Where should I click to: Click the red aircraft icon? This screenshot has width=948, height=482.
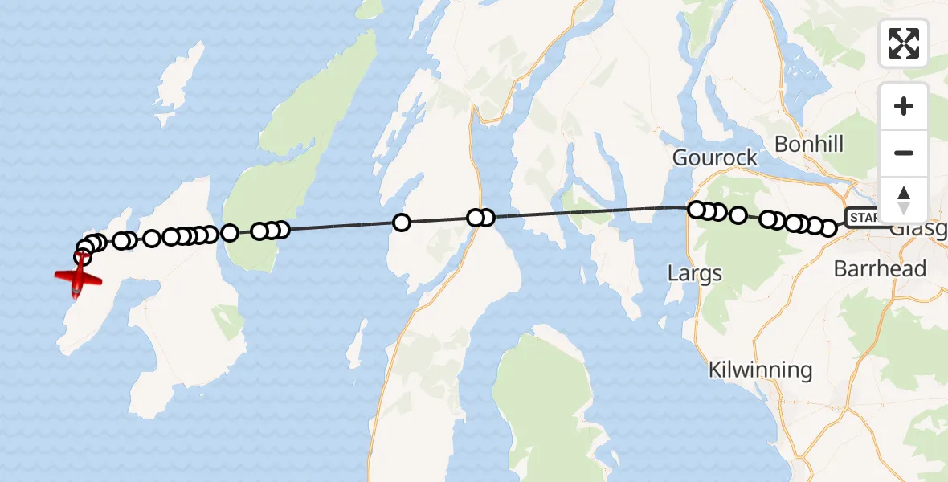click(78, 279)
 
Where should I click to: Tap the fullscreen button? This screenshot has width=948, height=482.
click(904, 43)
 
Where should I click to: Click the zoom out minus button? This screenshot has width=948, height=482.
click(904, 153)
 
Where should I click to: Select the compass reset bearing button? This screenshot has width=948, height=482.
click(904, 199)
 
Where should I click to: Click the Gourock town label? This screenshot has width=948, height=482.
click(714, 157)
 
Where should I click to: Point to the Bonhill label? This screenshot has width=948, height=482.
click(809, 145)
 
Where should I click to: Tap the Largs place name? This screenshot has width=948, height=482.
click(695, 273)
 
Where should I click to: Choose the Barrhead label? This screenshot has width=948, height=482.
click(880, 268)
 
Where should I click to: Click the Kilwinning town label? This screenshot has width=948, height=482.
click(760, 370)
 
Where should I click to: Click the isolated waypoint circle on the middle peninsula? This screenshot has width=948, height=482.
click(402, 223)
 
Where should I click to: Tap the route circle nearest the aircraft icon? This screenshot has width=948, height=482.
click(82, 257)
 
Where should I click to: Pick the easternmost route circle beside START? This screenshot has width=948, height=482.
click(827, 228)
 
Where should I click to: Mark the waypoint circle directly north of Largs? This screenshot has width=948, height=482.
click(697, 210)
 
